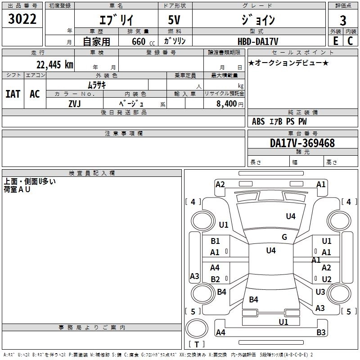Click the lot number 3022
pyautogui.click(x=22, y=19)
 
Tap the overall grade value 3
pyautogui.click(x=343, y=21)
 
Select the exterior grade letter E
pyautogui.click(x=336, y=41)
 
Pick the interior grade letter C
pyautogui.click(x=350, y=41)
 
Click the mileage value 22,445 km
pyautogui.click(x=54, y=65)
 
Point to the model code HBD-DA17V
pyautogui.click(x=258, y=41)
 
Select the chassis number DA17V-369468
pyautogui.click(x=302, y=143)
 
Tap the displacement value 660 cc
pyautogui.click(x=143, y=41)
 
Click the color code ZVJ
pyautogui.click(x=75, y=104)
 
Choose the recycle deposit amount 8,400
pyautogui.click(x=227, y=104)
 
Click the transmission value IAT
pyautogui.click(x=13, y=94)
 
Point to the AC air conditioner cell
pyautogui.click(x=35, y=94)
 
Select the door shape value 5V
pyautogui.click(x=174, y=20)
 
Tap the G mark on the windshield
pyautogui.click(x=284, y=237)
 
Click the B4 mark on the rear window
pyautogui.click(x=253, y=299)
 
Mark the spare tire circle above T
pyautogui.click(x=197, y=328)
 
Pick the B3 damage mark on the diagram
pyautogui.click(x=321, y=332)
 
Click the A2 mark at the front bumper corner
pyautogui.click(x=220, y=184)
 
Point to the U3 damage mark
pyautogui.click(x=320, y=292)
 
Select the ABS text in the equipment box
pyautogui.click(x=258, y=121)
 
